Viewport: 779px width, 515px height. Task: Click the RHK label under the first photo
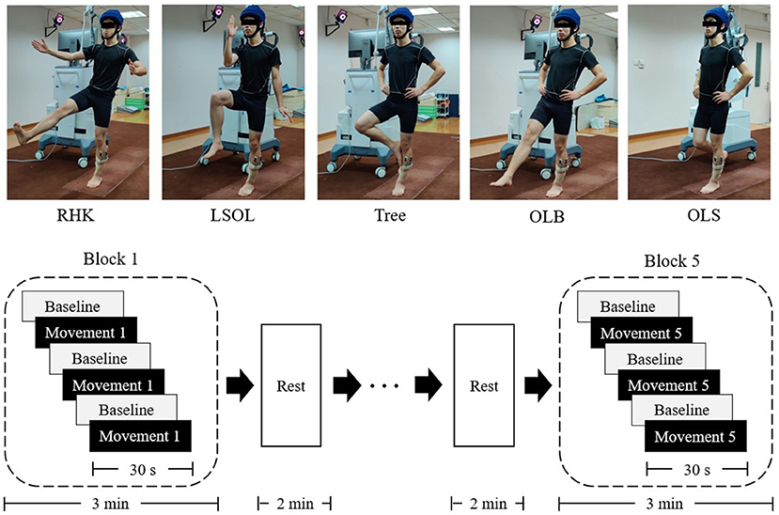pos(75,215)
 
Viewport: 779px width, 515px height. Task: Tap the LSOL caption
pos(232,215)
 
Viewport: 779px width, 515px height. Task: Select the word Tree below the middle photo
pos(390,215)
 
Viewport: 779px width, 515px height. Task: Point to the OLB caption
pos(547,217)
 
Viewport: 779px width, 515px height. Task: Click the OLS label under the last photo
pos(704,215)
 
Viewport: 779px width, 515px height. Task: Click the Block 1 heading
pos(110,258)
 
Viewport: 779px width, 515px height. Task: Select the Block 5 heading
pos(672,260)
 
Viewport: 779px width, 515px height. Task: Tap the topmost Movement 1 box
pos(86,333)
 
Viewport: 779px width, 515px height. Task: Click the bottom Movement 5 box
pos(695,436)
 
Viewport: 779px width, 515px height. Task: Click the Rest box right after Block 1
pos(291,385)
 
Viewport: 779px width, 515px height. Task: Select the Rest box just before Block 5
pos(484,385)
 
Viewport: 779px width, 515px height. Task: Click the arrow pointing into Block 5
pos(538,385)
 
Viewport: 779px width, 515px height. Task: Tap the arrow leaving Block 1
pos(241,385)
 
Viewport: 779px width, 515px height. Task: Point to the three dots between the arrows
pos(384,386)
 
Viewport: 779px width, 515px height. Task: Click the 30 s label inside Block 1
pos(143,469)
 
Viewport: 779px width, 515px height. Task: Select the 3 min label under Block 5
pos(664,504)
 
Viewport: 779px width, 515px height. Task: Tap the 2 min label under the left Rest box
pos(295,504)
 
